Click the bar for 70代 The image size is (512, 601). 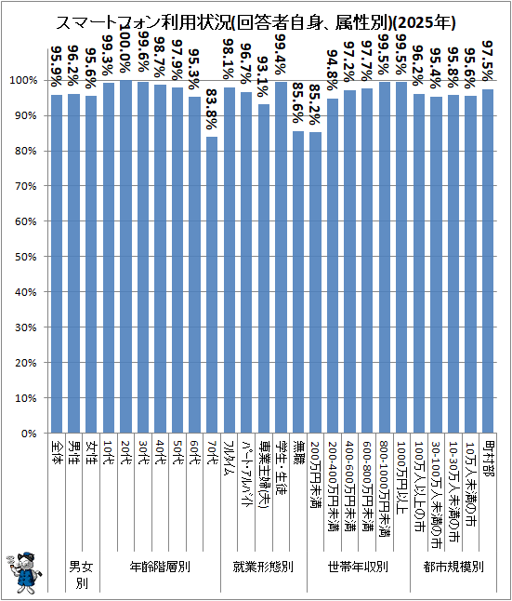tap(212, 285)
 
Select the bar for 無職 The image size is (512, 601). tap(298, 282)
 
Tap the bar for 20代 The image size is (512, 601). tap(125, 257)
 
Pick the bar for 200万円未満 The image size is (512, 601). tap(316, 283)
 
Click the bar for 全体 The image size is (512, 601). tap(57, 263)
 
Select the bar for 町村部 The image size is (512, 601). tap(488, 261)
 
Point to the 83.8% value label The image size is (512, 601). tap(212, 110)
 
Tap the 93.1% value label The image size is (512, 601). tap(264, 76)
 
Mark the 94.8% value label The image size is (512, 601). tap(333, 71)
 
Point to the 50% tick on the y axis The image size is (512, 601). tap(26, 257)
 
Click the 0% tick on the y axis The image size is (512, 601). tap(29, 434)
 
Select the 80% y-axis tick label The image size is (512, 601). tap(26, 151)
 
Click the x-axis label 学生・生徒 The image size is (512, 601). tap(281, 468)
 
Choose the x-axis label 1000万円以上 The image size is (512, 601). tap(401, 475)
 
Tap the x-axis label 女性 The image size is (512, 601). tap(91, 453)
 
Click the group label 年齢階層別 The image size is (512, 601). tap(160, 567)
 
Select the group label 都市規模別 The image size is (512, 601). tap(453, 567)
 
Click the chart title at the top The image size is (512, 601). tap(256, 23)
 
